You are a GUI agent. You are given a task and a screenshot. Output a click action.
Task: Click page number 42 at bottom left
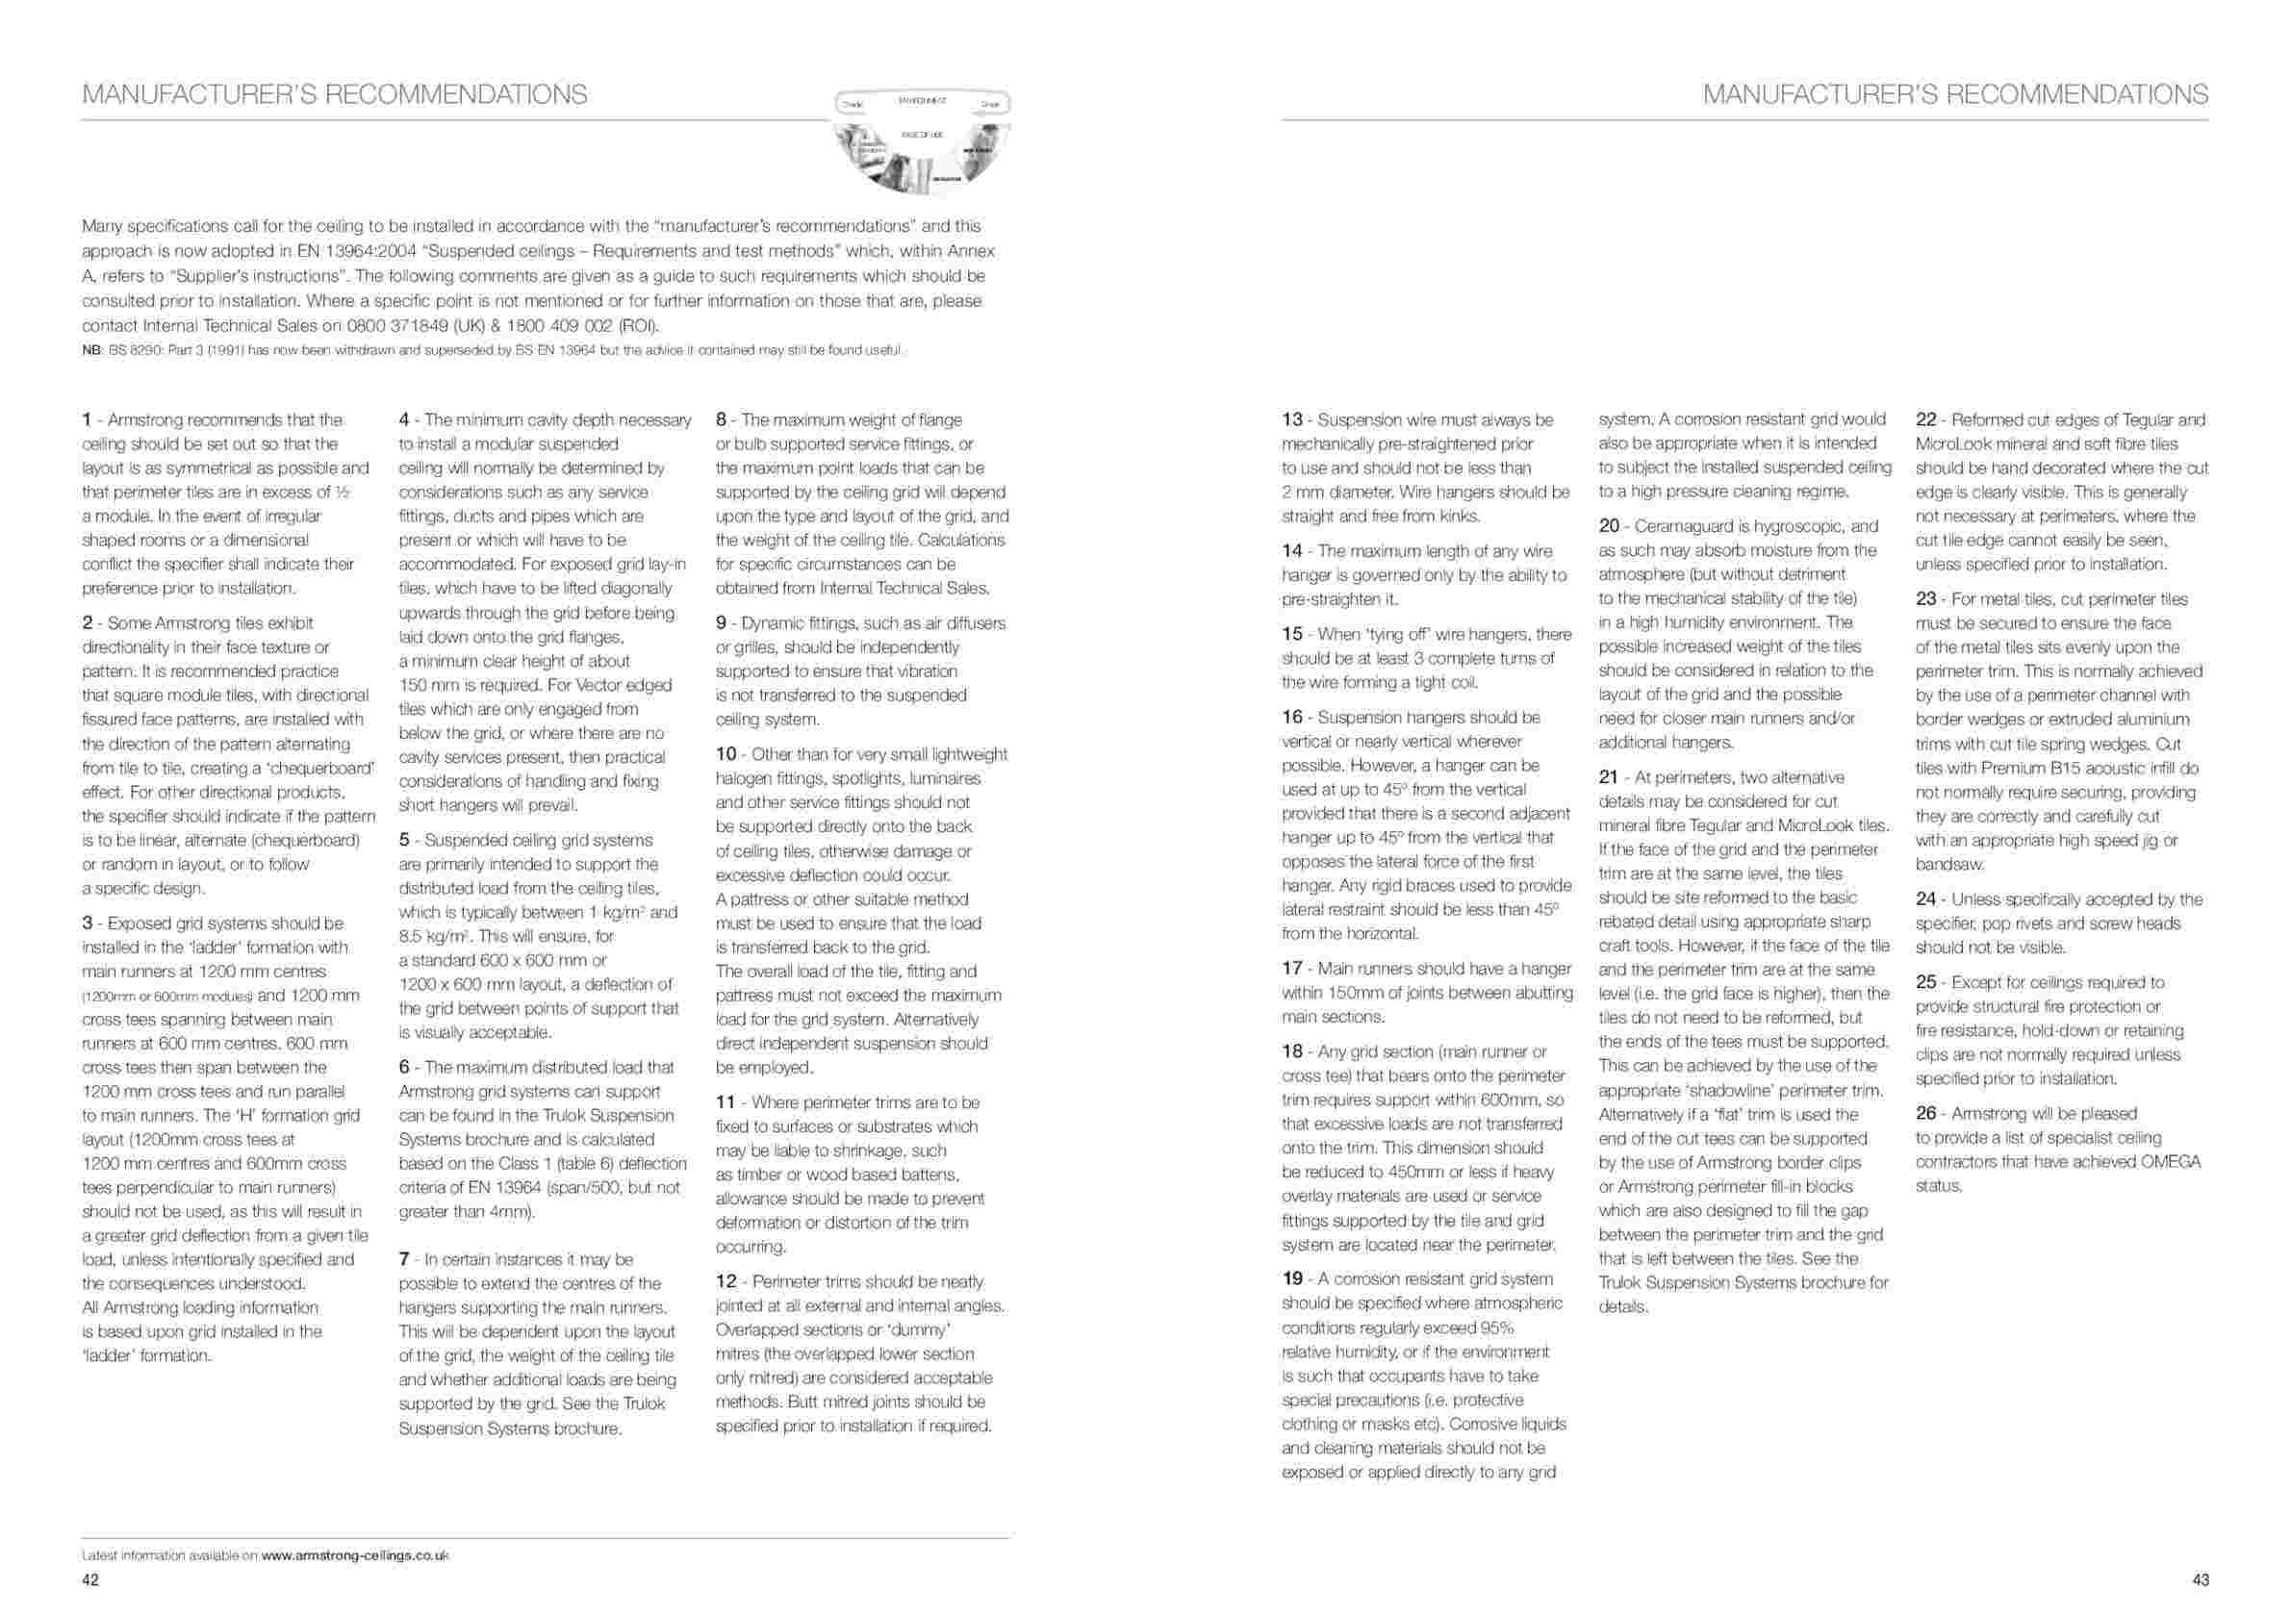click(x=89, y=1581)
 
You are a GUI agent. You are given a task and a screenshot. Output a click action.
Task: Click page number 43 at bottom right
click(x=2201, y=1581)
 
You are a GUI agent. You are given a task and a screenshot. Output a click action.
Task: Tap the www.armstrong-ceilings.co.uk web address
click(x=355, y=1556)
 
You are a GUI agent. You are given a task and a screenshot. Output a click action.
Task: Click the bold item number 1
click(x=87, y=420)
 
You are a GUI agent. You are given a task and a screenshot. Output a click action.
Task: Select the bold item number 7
click(x=404, y=1260)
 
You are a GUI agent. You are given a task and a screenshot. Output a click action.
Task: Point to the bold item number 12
click(x=725, y=1281)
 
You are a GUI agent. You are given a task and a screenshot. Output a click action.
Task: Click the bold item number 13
click(x=1291, y=420)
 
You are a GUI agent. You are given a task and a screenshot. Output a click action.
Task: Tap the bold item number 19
click(x=1291, y=1278)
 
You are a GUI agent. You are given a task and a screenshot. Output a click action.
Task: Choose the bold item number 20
click(x=1609, y=525)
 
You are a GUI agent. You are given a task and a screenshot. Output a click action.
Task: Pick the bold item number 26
click(x=1925, y=1113)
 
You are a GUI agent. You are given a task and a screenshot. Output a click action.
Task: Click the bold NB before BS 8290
click(x=89, y=350)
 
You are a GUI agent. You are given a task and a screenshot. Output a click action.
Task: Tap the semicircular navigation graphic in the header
click(x=921, y=140)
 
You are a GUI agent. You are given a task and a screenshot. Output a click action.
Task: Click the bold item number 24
click(x=1925, y=899)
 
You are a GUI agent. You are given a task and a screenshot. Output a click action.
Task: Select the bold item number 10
click(x=725, y=754)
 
